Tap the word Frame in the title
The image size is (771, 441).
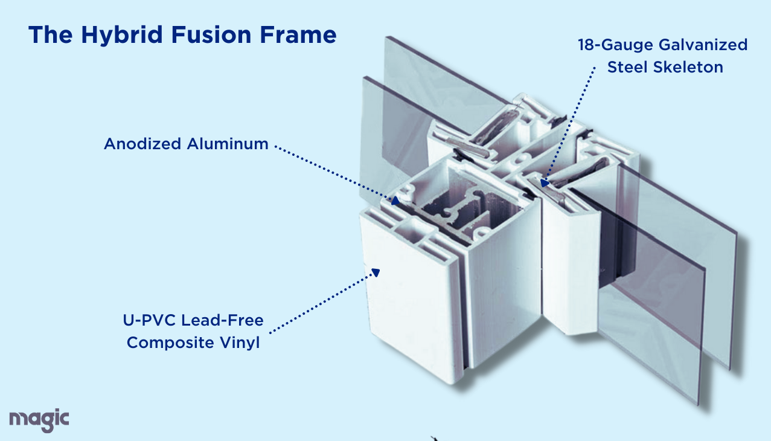click(x=299, y=34)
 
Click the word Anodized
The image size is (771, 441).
click(x=142, y=144)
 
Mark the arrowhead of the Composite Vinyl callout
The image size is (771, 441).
click(x=375, y=272)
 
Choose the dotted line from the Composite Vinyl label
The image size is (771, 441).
click(x=320, y=302)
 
